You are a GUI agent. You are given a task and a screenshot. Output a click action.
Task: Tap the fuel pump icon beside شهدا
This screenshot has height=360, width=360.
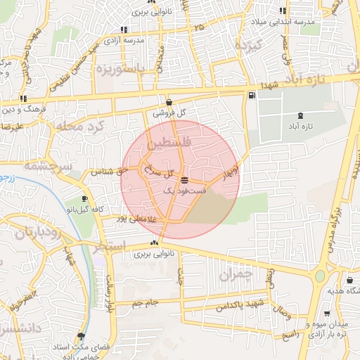tap(251, 94)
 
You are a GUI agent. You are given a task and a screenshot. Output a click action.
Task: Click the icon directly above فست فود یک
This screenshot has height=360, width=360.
tap(184, 181)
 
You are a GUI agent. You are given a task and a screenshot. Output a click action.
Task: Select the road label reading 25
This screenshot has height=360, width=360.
tap(201, 27)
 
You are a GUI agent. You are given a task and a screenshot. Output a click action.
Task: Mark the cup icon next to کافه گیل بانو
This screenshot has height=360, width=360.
tap(85, 199)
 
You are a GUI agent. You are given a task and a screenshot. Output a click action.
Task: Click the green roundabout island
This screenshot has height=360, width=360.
tap(320, 276)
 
